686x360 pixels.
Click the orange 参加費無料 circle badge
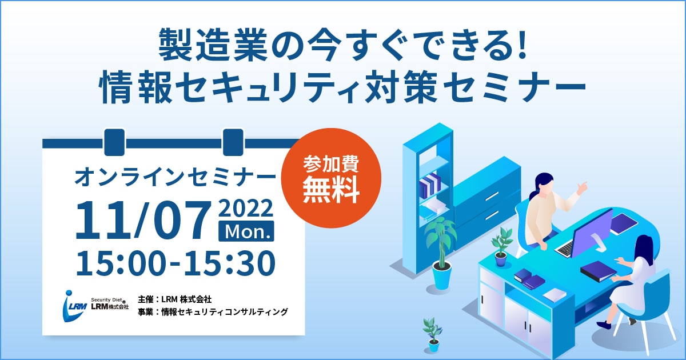pos(331,178)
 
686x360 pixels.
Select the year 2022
pos(246,208)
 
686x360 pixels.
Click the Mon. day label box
pos(246,231)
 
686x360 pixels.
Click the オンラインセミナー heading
pos(175,177)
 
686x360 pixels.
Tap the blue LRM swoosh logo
pos(74,306)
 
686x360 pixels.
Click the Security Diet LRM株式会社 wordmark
pos(110,303)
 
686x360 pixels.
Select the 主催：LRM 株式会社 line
pos(174,299)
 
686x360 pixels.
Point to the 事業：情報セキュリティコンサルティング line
pos(213,311)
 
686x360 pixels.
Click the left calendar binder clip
pos(114,142)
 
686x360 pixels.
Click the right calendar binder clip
pos(233,142)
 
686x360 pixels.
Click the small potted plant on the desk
pos(501,247)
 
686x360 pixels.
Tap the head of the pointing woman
pos(544,184)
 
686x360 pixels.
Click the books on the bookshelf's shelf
pos(430,185)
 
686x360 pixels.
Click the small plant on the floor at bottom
pos(433,335)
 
